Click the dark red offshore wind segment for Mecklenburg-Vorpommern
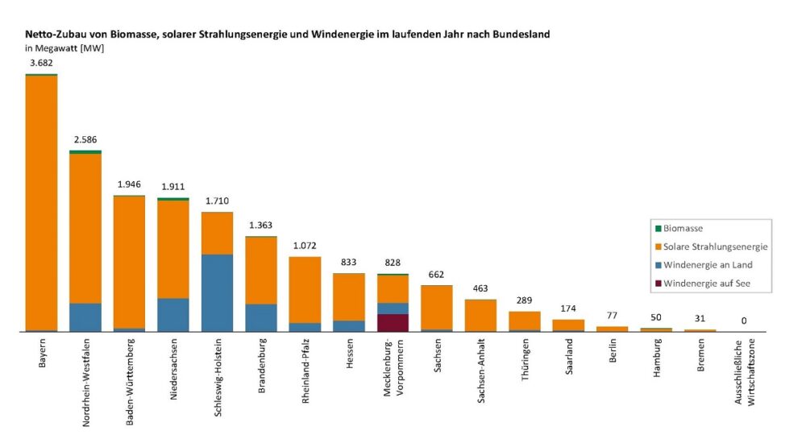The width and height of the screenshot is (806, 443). [393, 322]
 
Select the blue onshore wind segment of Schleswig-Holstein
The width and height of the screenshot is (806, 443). [217, 292]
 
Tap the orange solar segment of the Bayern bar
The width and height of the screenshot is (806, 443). [41, 201]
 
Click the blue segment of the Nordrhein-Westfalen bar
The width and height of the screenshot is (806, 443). [85, 317]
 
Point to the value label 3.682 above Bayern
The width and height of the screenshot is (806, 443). [41, 62]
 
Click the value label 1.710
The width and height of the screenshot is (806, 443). [217, 201]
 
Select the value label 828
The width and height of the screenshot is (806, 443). [393, 263]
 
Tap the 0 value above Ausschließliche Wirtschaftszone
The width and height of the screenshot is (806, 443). [744, 321]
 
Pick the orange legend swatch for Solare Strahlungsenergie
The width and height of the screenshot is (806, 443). [658, 246]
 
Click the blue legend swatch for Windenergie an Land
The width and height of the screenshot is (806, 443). [658, 265]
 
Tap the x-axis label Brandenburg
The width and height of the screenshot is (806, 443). [261, 366]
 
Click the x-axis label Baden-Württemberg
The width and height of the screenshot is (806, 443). [130, 377]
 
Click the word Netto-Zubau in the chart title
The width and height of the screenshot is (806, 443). [56, 35]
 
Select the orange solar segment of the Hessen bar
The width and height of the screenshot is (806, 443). [349, 296]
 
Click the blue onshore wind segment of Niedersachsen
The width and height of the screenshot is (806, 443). [173, 315]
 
